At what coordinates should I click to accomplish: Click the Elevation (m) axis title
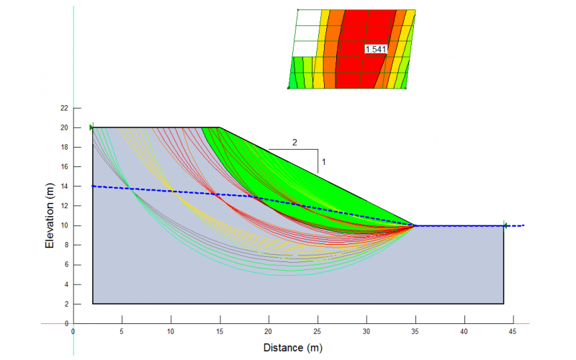(x=50, y=214)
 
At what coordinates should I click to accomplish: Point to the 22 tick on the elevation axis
(x=64, y=108)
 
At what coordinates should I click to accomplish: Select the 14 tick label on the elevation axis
(x=64, y=186)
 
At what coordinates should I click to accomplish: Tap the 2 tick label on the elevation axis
(x=66, y=304)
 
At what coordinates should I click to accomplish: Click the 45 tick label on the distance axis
(x=513, y=332)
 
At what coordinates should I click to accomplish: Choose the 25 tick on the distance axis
(x=317, y=332)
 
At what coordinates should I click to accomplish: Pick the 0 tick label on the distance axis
(x=73, y=332)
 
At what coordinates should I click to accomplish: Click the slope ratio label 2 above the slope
(x=294, y=142)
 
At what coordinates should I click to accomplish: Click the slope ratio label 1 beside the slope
(x=324, y=162)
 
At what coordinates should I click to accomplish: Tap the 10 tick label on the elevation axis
(x=64, y=225)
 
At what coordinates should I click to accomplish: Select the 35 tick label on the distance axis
(x=415, y=332)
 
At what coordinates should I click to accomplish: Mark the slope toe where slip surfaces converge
(x=415, y=225)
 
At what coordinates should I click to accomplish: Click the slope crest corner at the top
(x=220, y=127)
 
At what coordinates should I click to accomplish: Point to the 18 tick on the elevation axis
(x=64, y=147)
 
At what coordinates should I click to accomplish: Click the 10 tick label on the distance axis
(x=171, y=332)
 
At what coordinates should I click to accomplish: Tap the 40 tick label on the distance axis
(x=464, y=332)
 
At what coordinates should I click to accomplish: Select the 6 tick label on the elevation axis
(x=66, y=265)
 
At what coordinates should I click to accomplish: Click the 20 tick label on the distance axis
(x=269, y=332)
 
